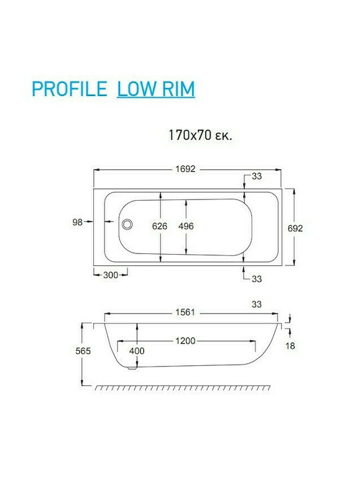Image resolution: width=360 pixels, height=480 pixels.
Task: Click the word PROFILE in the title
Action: pyautogui.click(x=69, y=89)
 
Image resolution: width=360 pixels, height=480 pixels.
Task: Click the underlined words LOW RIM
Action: pyautogui.click(x=156, y=89)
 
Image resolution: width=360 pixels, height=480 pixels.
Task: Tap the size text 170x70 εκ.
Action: pyautogui.click(x=201, y=135)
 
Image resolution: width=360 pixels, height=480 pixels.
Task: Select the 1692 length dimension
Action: pyautogui.click(x=185, y=169)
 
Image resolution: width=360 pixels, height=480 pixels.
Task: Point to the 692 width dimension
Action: pyautogui.click(x=295, y=228)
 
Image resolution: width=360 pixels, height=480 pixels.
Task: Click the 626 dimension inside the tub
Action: pyautogui.click(x=160, y=226)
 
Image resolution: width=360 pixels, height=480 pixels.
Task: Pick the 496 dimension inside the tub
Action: pyautogui.click(x=186, y=226)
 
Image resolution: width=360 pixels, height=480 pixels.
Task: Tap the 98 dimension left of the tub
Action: pyautogui.click(x=77, y=222)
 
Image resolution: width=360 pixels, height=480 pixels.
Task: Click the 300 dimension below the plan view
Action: pyautogui.click(x=111, y=275)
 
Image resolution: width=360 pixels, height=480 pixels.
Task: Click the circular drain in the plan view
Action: pyautogui.click(x=127, y=224)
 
